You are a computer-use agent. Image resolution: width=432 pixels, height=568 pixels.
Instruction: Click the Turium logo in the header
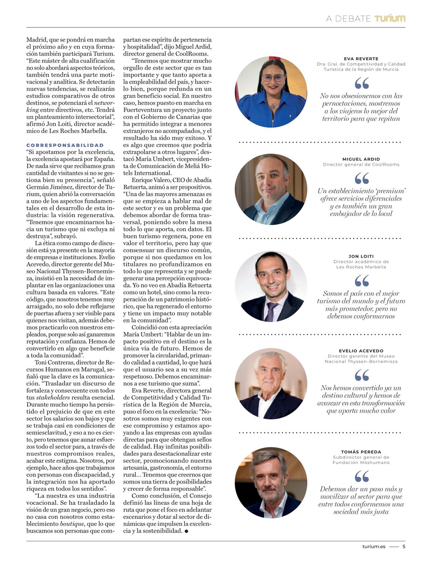click(390, 18)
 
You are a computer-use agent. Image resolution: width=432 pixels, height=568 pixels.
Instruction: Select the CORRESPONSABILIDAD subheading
click(65, 145)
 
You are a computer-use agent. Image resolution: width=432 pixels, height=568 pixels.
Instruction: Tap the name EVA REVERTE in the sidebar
click(361, 59)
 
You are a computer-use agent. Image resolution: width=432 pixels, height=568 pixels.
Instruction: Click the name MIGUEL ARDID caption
click(361, 159)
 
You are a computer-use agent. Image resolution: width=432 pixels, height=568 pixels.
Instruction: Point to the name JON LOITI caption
click(361, 256)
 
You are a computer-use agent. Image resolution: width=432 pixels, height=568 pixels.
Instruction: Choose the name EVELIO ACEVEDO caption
click(361, 351)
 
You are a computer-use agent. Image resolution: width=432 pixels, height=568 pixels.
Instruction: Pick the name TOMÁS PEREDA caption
click(361, 452)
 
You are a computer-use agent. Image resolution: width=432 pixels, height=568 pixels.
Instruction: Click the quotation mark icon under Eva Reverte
click(361, 84)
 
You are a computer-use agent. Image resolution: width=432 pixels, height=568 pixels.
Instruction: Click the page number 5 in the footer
click(404, 546)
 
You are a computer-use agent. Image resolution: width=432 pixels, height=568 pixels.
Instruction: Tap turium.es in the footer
click(374, 546)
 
